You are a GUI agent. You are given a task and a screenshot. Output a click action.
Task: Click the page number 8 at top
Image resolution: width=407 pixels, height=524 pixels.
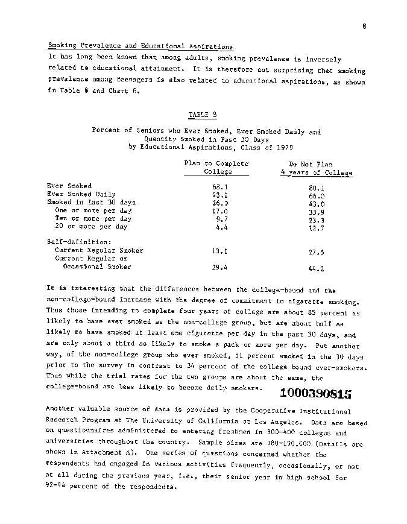point(365,26)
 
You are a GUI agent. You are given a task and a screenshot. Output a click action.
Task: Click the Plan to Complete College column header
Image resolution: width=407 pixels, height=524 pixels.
point(216,168)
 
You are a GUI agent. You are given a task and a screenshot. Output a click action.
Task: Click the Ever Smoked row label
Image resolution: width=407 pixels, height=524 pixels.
point(69,186)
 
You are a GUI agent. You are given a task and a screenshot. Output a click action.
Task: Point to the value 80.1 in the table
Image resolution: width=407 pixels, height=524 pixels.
point(317,187)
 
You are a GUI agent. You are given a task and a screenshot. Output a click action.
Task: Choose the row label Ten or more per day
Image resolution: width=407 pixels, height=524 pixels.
point(93,218)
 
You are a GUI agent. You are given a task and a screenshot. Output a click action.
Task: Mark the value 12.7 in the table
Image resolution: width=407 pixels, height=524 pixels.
point(317,227)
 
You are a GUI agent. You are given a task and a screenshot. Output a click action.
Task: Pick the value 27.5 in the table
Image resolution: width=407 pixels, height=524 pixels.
point(317,253)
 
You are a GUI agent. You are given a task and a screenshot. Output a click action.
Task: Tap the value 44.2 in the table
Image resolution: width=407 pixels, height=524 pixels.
point(317,269)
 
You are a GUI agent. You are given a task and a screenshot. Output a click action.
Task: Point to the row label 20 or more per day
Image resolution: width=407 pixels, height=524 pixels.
point(91,227)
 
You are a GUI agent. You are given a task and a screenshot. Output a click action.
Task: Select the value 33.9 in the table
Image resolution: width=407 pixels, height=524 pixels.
point(317,212)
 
